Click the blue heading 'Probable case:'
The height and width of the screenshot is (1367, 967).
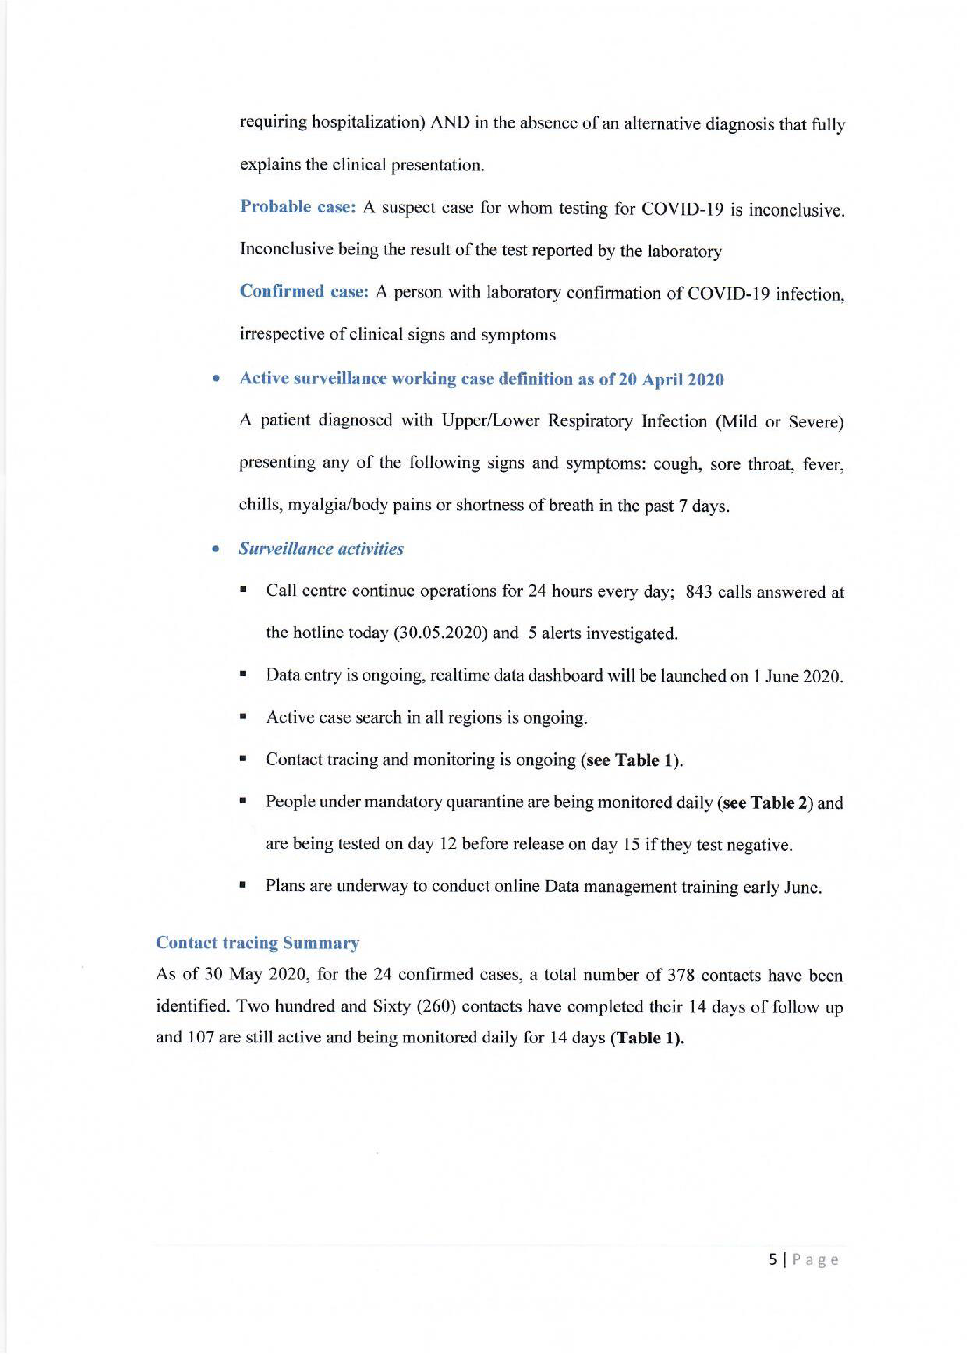pyautogui.click(x=298, y=207)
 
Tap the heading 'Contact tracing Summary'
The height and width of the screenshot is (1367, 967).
pyautogui.click(x=257, y=942)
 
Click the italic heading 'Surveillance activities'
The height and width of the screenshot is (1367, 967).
pyautogui.click(x=321, y=549)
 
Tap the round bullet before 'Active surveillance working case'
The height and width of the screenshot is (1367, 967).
pyautogui.click(x=217, y=379)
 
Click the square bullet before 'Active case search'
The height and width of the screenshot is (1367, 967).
pyautogui.click(x=243, y=718)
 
